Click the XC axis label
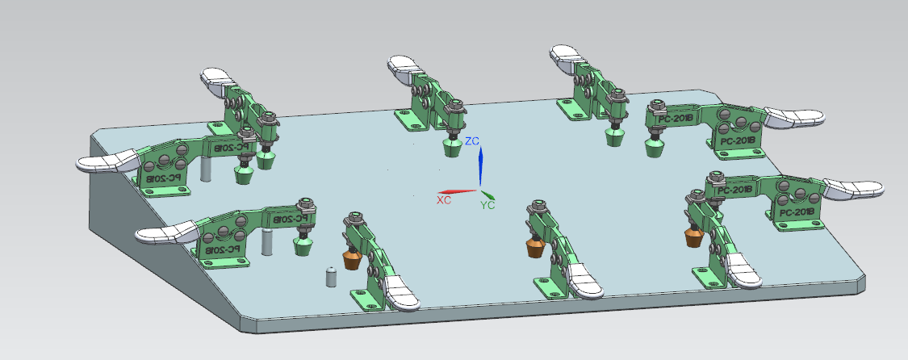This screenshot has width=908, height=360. tap(443, 199)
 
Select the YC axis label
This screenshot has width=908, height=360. tap(487, 205)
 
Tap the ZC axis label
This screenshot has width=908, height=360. tap(473, 141)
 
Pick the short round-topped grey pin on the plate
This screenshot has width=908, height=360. tap(329, 276)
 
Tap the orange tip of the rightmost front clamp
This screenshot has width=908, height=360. tap(693, 237)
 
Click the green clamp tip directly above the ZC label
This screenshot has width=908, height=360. tap(453, 148)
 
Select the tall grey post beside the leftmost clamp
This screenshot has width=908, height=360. tap(205, 168)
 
